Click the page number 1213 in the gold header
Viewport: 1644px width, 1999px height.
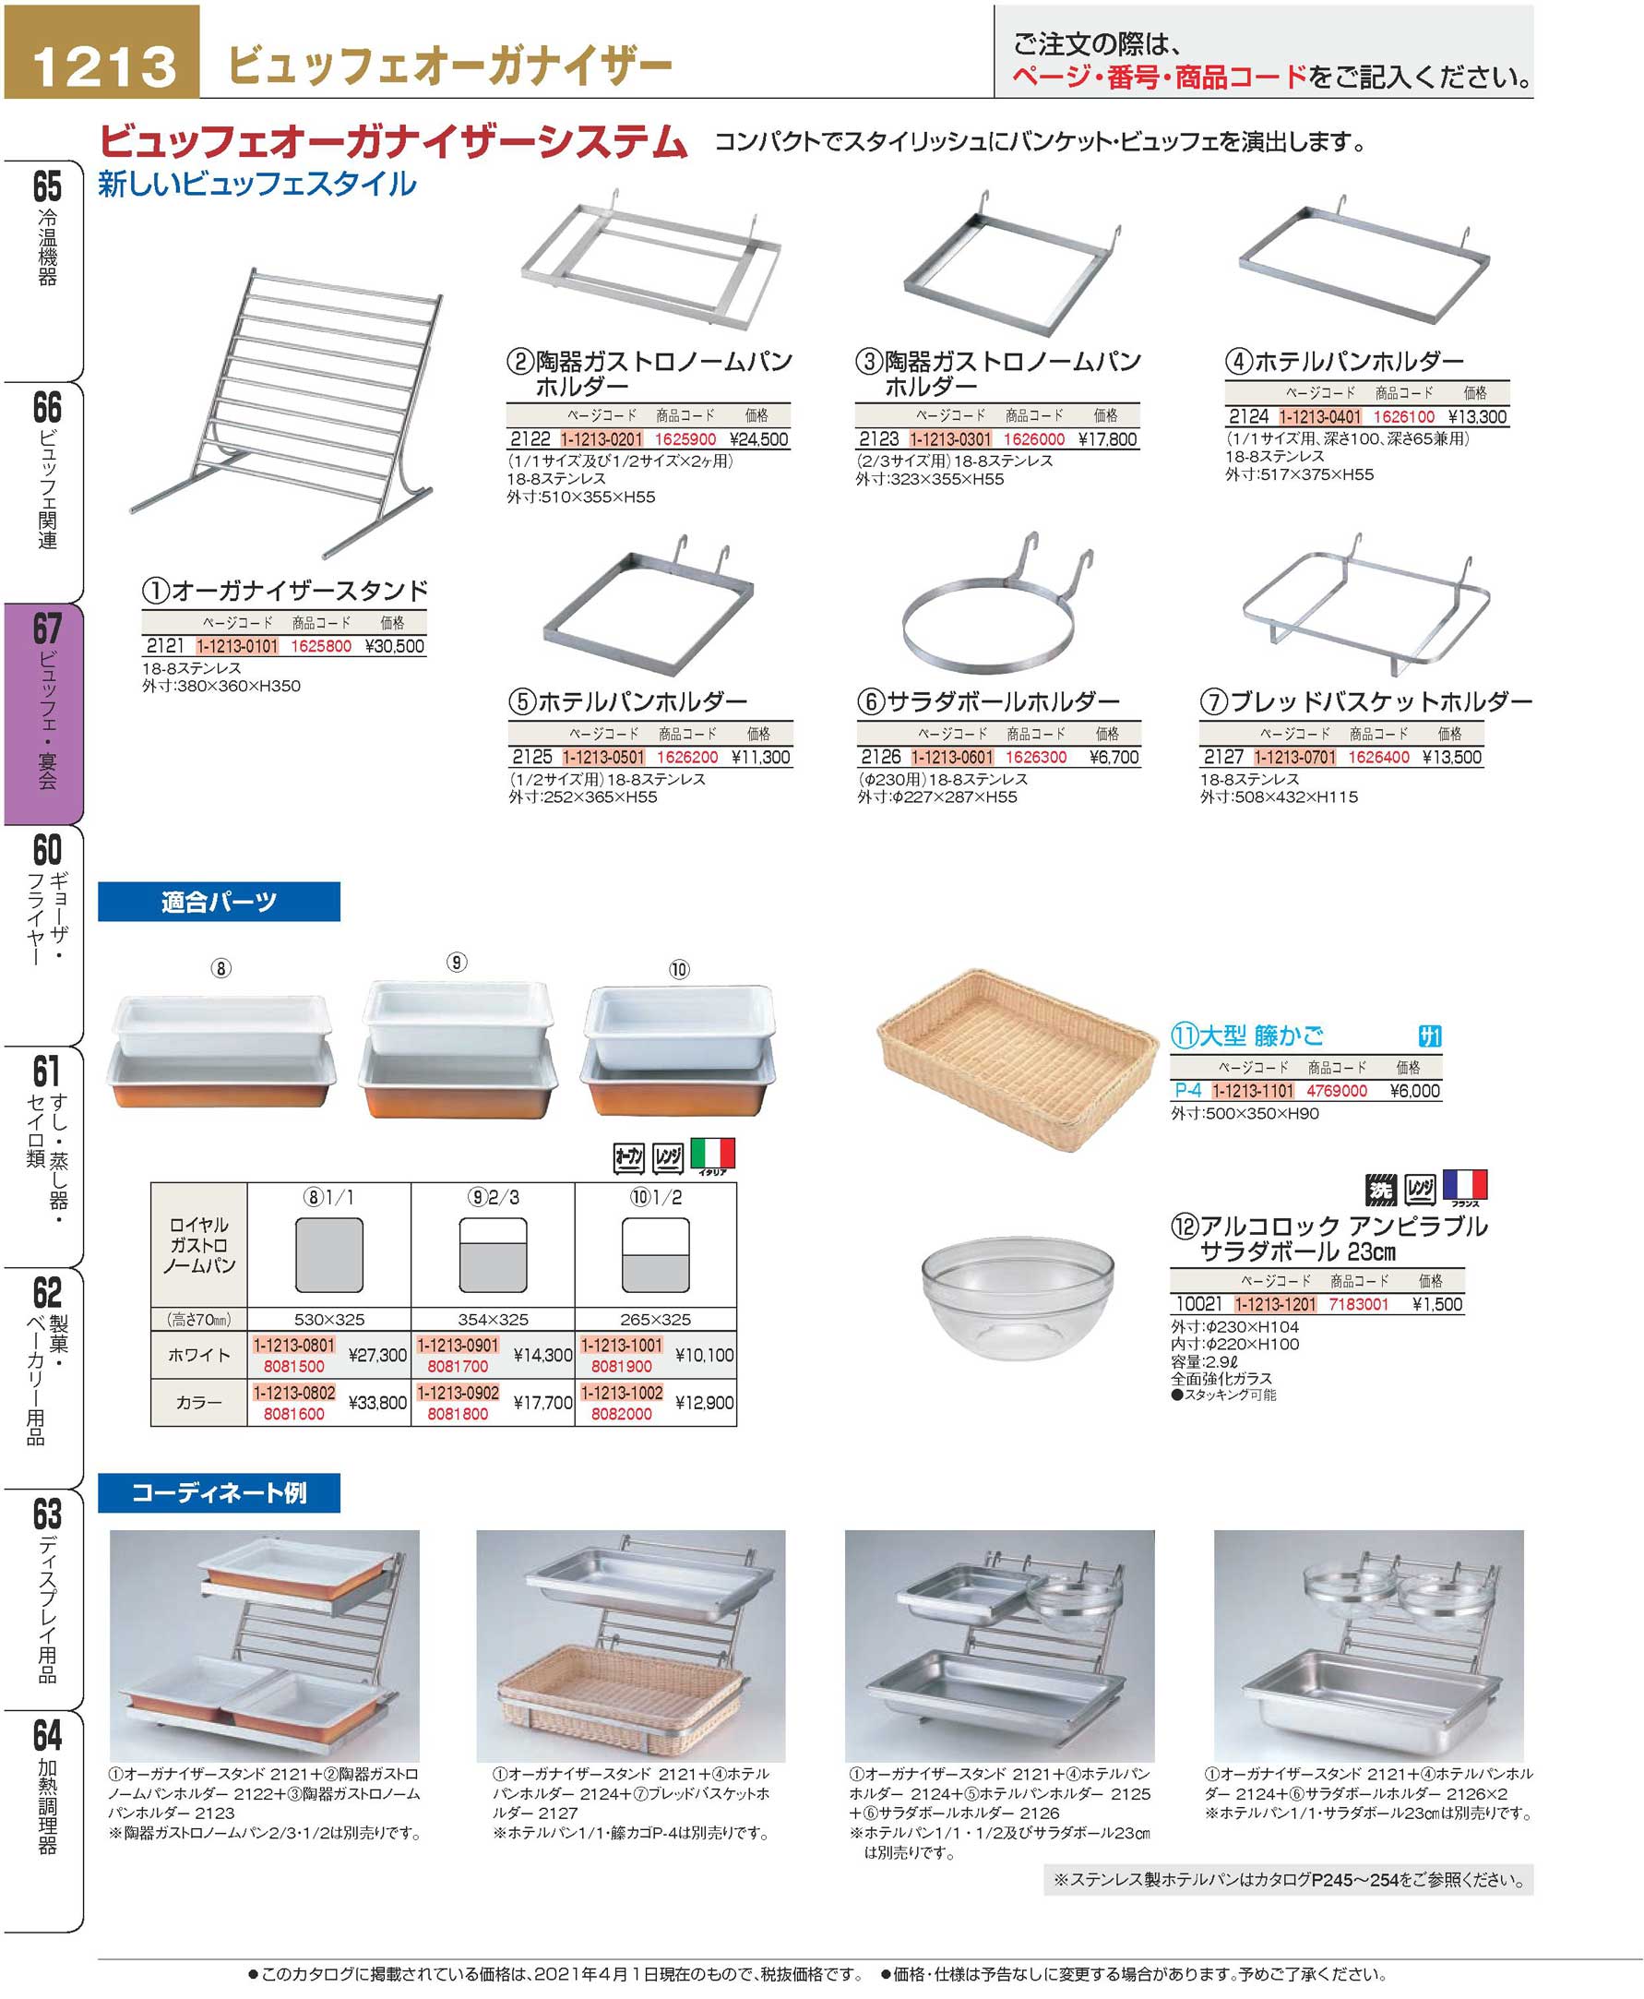point(104,66)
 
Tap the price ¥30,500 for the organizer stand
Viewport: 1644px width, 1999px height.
point(395,646)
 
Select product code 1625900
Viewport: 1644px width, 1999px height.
point(685,439)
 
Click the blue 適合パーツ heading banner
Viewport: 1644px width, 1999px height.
point(219,902)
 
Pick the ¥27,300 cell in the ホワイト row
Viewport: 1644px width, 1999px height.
point(378,1356)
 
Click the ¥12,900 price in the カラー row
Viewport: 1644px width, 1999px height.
point(705,1403)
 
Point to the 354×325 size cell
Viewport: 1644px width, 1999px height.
point(493,1320)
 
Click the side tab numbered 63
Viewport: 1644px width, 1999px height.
point(44,1598)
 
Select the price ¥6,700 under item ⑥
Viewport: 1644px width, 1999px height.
point(1114,758)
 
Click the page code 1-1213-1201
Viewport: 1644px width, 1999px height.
point(1275,1305)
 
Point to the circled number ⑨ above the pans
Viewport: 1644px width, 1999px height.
point(457,963)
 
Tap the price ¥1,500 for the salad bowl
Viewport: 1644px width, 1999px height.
point(1437,1305)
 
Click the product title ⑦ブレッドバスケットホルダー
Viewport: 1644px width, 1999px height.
point(1365,702)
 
